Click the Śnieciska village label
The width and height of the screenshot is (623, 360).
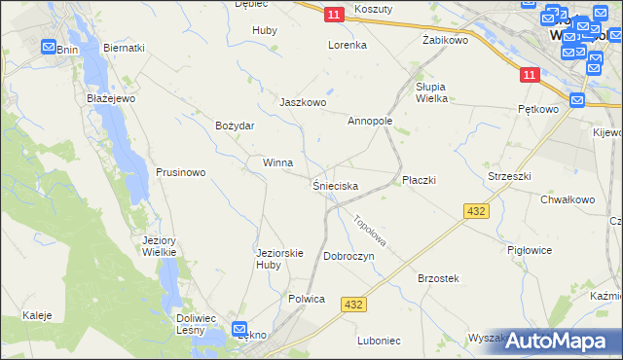click(335, 185)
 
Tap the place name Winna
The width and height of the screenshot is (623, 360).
click(277, 162)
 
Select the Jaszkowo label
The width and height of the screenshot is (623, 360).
click(302, 102)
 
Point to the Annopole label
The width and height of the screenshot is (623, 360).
click(370, 122)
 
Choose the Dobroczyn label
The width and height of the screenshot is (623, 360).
click(348, 256)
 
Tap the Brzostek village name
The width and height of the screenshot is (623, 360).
click(438, 278)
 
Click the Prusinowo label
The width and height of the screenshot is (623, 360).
click(180, 172)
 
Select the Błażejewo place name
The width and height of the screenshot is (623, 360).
click(108, 98)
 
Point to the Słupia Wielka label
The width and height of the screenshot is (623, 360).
click(431, 91)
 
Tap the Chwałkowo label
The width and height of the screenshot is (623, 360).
click(568, 199)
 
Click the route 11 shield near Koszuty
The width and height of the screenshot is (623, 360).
click(334, 14)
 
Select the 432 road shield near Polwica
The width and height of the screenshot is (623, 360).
click(353, 305)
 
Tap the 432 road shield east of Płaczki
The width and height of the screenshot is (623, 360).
click(476, 210)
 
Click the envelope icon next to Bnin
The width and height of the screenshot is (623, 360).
click(49, 46)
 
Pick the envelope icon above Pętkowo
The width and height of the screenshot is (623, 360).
click(576, 99)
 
